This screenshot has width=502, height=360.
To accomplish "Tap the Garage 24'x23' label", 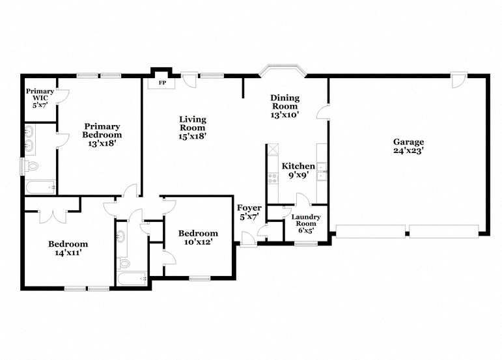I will (408, 146).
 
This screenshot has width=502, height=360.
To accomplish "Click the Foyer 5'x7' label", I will (249, 213).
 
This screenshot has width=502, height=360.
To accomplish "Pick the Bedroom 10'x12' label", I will (198, 238).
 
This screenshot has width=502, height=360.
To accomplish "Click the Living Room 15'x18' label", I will (193, 128).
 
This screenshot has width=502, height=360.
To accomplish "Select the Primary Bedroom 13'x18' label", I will (102, 135).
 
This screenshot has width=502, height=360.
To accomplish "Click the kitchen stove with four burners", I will (273, 176).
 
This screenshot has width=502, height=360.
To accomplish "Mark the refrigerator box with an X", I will (273, 149).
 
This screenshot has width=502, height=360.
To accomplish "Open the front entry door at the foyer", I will (248, 242).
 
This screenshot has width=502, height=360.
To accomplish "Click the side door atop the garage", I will (458, 81).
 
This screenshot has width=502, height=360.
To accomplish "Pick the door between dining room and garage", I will (323, 113).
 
